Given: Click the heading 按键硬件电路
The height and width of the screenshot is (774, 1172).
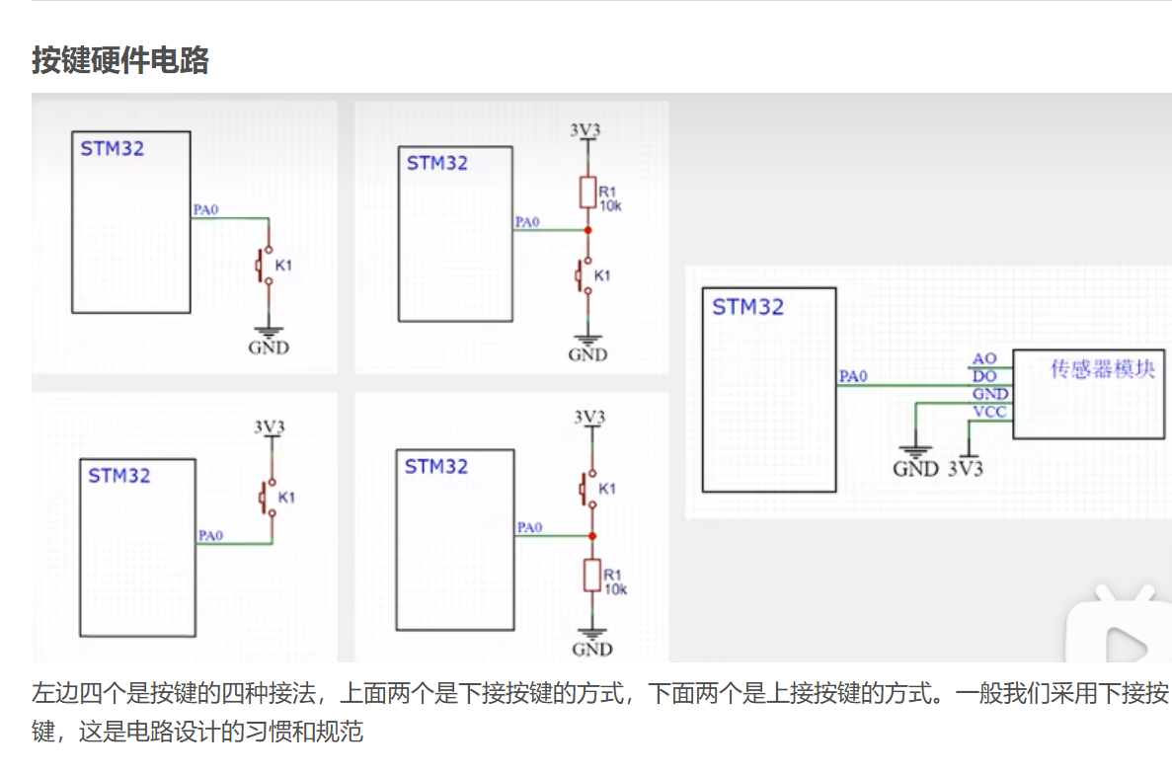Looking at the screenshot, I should tap(119, 60).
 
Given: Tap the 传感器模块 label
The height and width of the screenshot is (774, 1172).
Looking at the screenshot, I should tap(1102, 370).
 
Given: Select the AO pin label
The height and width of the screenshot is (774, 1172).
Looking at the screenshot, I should tap(984, 358).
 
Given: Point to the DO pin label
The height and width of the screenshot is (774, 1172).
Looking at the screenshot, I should tap(984, 376).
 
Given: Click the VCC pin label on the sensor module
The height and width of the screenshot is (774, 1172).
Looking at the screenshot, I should tap(989, 412).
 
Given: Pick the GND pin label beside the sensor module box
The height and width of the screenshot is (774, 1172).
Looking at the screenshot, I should tap(989, 394).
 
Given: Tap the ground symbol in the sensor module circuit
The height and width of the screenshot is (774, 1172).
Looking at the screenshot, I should tap(916, 449).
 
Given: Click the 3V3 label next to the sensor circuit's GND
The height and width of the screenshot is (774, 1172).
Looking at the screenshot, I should tap(966, 469).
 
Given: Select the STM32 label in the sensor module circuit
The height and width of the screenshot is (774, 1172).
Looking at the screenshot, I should tap(747, 307).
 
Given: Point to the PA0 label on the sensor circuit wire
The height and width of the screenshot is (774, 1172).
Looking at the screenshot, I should tap(852, 376).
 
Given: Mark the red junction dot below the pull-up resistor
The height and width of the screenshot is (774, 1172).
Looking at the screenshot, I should tap(587, 230).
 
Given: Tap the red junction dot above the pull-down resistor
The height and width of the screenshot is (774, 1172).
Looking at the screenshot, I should tap(591, 536).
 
